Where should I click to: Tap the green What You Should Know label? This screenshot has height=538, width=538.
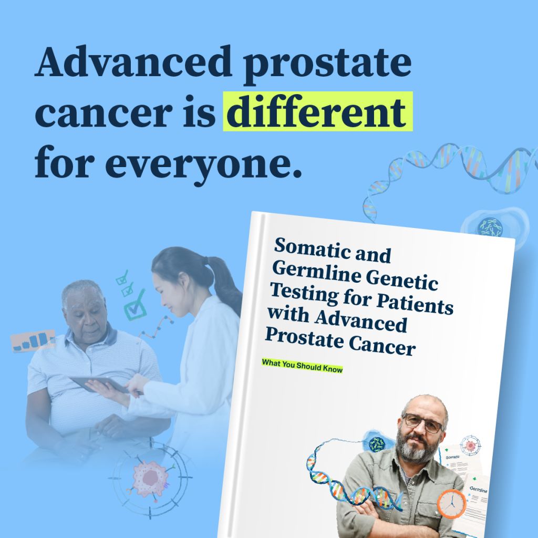click(x=302, y=366)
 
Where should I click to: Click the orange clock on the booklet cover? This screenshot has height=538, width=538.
click(x=451, y=503)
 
